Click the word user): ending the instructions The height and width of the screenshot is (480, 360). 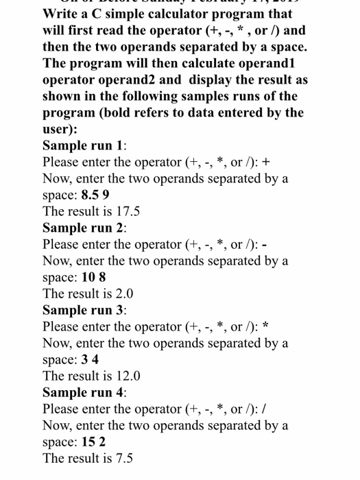coord(60,129)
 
